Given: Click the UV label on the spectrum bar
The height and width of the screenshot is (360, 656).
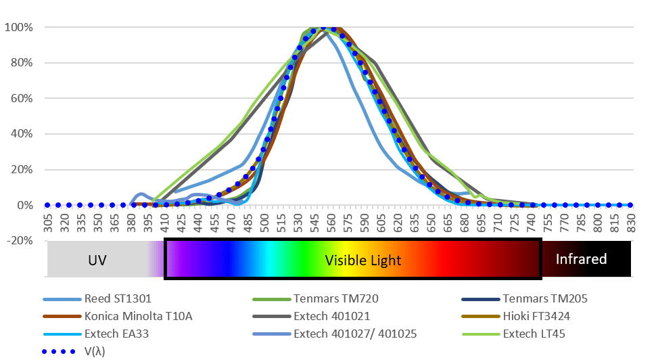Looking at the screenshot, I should click(x=97, y=260).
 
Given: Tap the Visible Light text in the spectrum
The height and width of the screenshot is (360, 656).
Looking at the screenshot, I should click(x=362, y=260).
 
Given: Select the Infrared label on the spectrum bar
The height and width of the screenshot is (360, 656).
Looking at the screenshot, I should click(x=581, y=259).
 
